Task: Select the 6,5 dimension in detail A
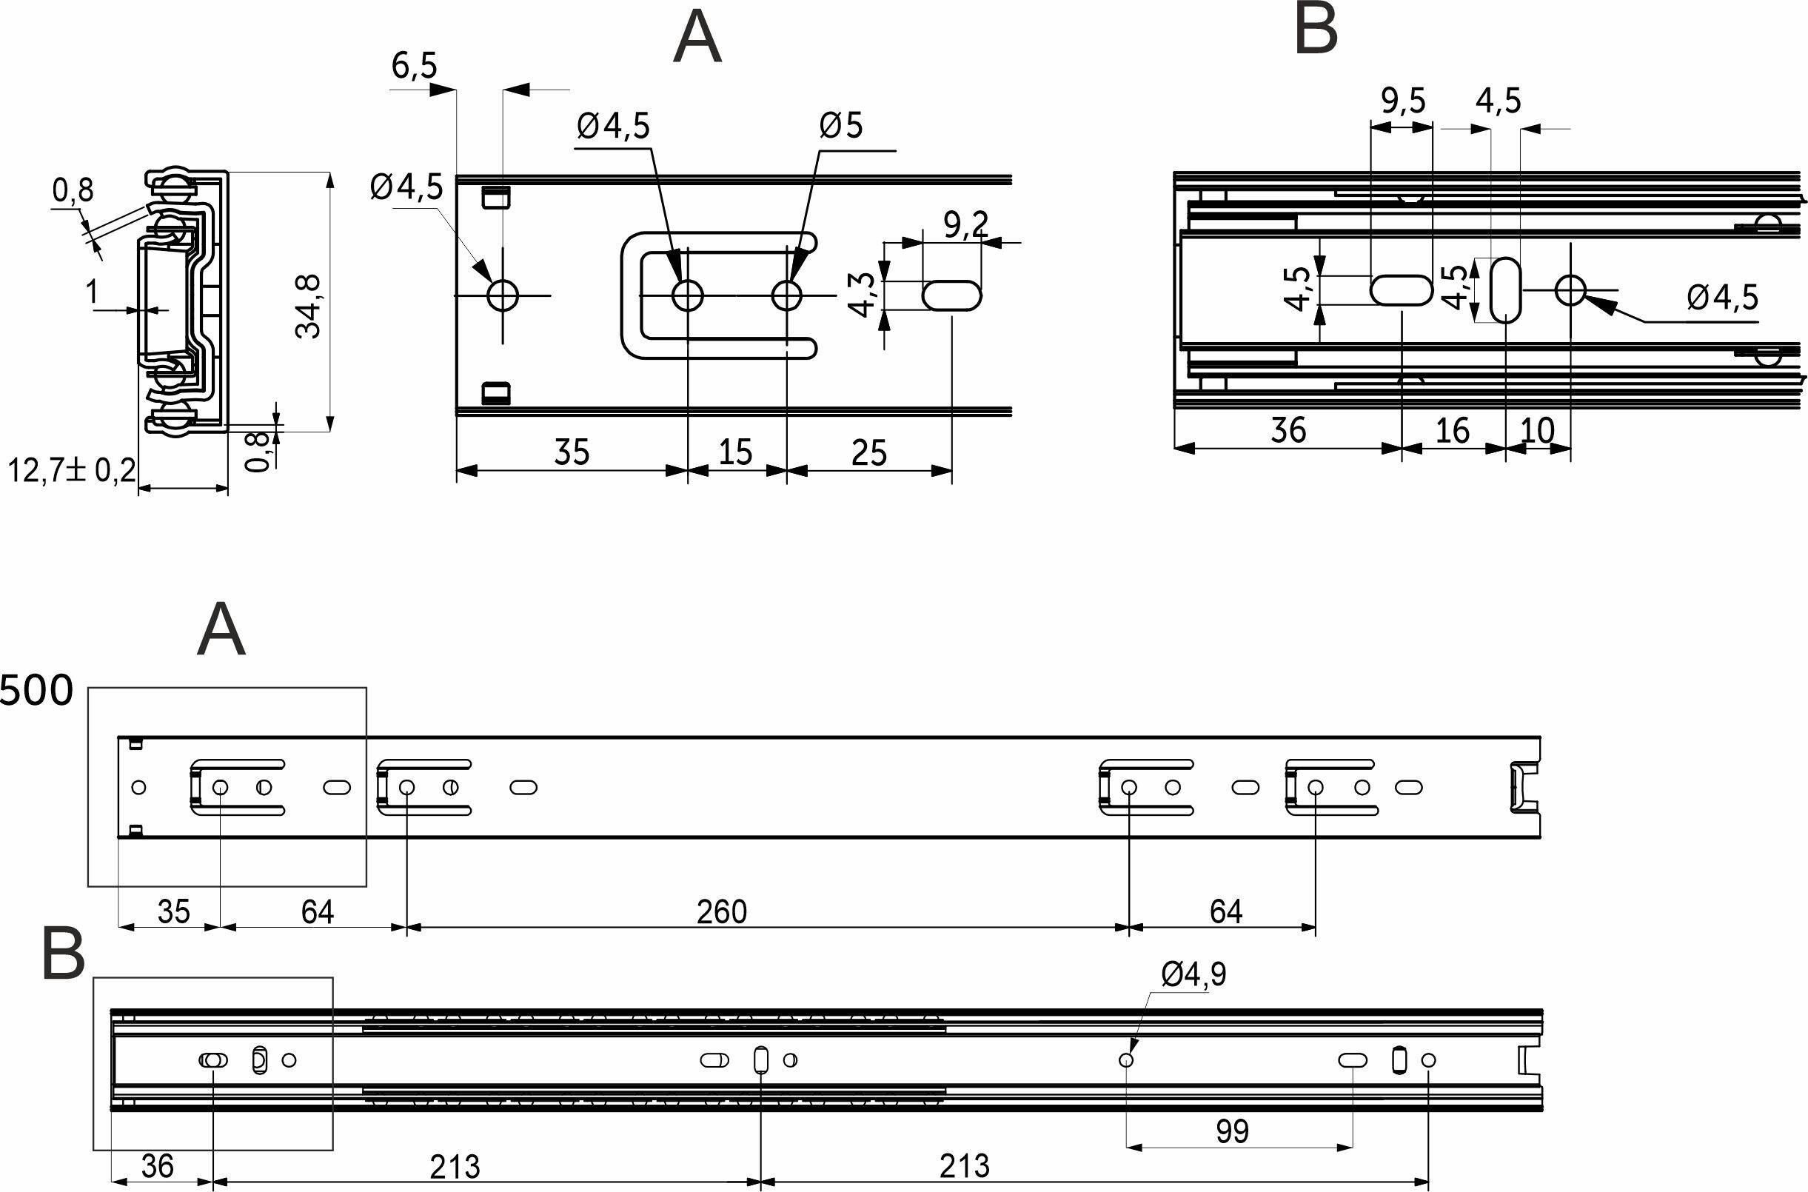point(414,66)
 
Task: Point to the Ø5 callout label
point(841,125)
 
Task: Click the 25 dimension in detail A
point(868,454)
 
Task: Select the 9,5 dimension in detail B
point(1403,101)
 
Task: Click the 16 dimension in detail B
point(1453,431)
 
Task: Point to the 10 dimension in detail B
point(1538,431)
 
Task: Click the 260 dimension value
point(722,911)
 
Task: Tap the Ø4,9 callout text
point(1194,974)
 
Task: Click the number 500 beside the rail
point(36,691)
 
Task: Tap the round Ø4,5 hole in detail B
point(1570,289)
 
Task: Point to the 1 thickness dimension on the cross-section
point(93,291)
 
